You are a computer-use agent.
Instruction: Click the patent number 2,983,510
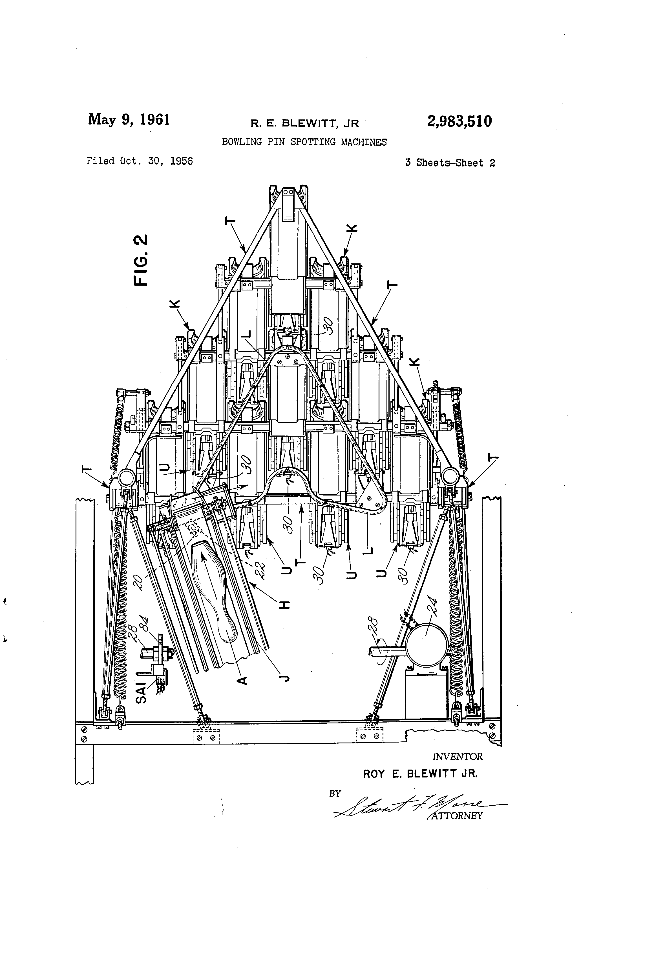[x=459, y=121]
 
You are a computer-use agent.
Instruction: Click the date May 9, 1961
[x=129, y=119]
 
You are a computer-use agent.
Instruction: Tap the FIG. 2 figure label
[x=141, y=260]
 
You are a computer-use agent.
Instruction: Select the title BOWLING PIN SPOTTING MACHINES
[x=304, y=142]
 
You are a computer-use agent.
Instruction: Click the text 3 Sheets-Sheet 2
[x=450, y=163]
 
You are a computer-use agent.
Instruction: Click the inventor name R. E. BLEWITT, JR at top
[x=304, y=123]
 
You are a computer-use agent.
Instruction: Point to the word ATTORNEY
[x=456, y=815]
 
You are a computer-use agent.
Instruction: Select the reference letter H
[x=284, y=605]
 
